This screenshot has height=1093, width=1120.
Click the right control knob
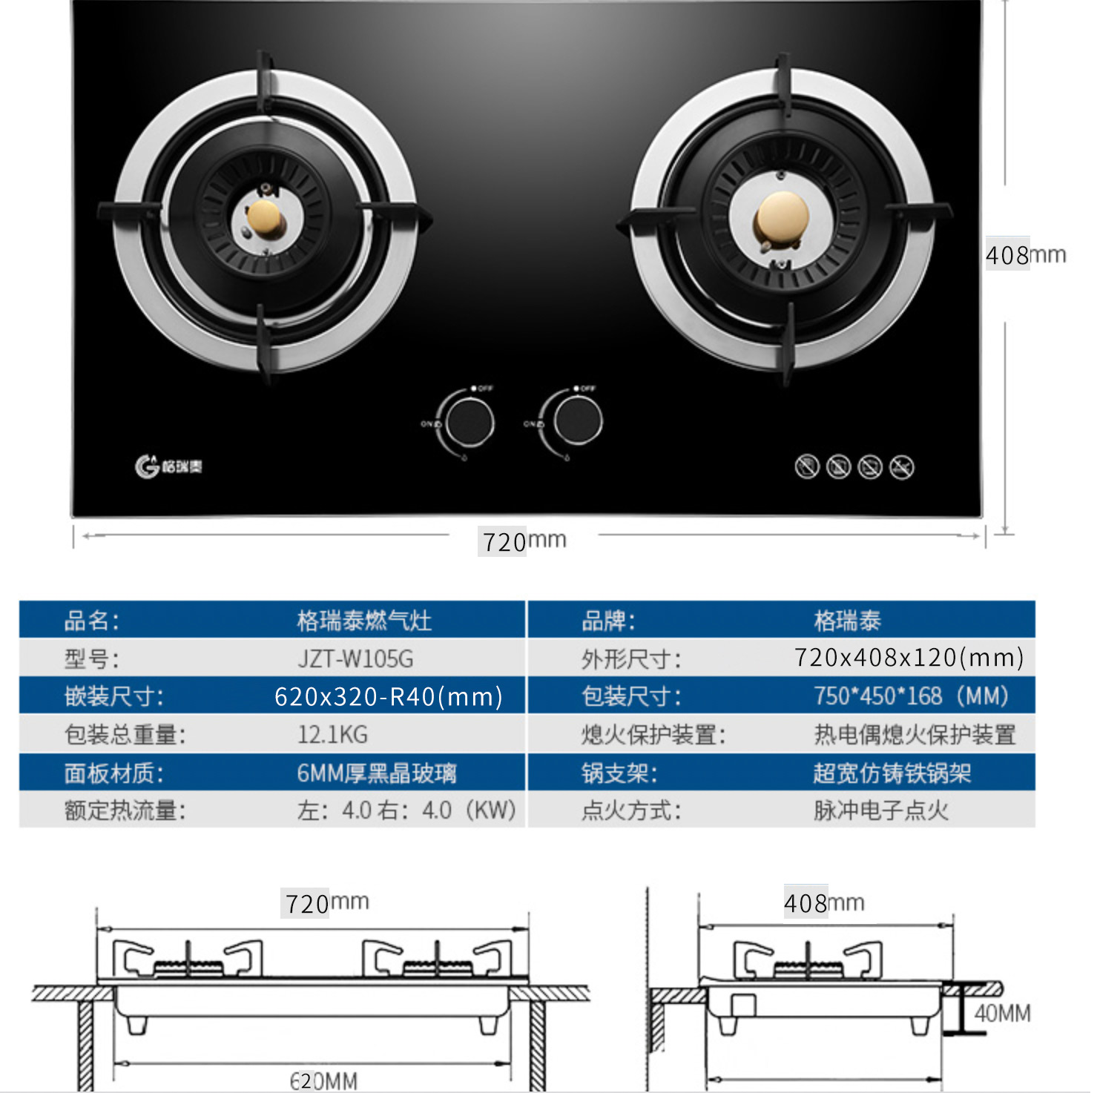[578, 420]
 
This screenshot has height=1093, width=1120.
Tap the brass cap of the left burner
[265, 218]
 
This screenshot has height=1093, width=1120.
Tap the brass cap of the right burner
[782, 217]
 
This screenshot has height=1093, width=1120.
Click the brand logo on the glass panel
[168, 466]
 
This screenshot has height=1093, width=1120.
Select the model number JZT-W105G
[355, 658]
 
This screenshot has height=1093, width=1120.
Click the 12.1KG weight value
[332, 735]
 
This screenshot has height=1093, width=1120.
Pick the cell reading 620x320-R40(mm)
[388, 697]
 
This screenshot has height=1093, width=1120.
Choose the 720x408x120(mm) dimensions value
[909, 658]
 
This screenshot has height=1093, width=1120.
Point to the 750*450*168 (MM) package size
[911, 696]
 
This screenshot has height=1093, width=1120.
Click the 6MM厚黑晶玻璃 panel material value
[377, 773]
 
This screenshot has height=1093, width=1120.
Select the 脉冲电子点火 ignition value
[881, 810]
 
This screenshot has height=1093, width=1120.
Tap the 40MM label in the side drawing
[1002, 1014]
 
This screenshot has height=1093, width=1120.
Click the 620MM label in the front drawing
[323, 1080]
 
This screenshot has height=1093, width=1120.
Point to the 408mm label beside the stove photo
[1025, 255]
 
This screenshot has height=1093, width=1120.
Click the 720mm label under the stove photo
[524, 541]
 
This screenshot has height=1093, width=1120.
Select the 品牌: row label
[608, 621]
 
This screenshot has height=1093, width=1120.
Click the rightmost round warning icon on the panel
[902, 467]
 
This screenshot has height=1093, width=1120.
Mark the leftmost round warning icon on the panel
[807, 467]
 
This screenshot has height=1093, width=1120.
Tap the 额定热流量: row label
[125, 810]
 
